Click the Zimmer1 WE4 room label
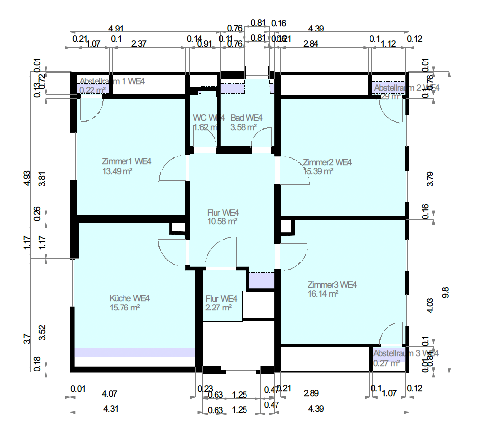[x=126, y=162]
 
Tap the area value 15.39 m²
[x=318, y=171]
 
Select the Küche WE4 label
[x=129, y=298]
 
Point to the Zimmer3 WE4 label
[x=332, y=285]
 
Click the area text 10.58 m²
[x=222, y=221]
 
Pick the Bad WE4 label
[x=246, y=118]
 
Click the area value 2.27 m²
[x=219, y=308]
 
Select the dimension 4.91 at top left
[x=117, y=28]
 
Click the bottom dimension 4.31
[x=110, y=408]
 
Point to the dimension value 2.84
[x=310, y=43]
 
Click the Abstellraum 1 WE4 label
[x=112, y=81]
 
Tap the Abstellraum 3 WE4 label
[x=406, y=353]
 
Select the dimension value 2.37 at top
[x=139, y=43]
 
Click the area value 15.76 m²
[x=125, y=308]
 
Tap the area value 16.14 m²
[x=323, y=294]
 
